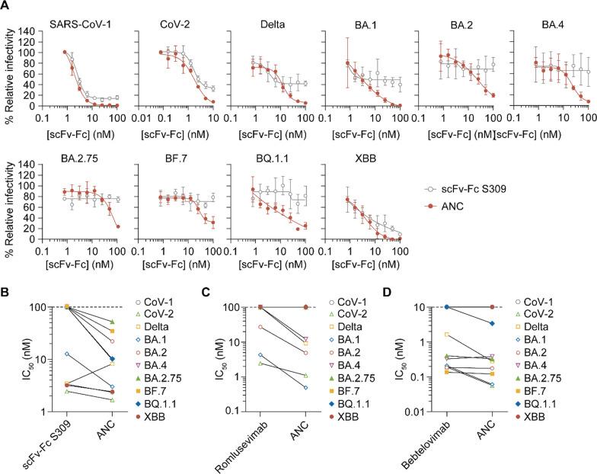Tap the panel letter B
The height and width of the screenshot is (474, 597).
click(x=6, y=293)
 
